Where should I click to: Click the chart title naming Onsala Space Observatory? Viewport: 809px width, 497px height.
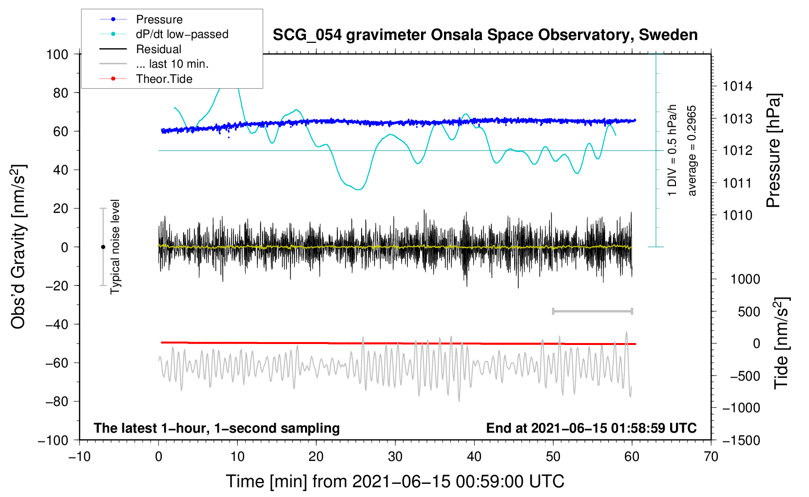[485, 35]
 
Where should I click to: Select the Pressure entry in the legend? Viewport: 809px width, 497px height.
[159, 19]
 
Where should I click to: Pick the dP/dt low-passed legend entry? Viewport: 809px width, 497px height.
[182, 34]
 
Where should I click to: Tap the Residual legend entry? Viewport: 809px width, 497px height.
[158, 49]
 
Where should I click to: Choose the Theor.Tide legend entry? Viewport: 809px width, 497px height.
[164, 79]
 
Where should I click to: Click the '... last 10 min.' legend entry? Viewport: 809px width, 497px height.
[172, 64]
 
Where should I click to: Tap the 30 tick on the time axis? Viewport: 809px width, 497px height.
[395, 457]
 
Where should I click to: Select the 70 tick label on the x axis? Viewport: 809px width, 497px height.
[711, 457]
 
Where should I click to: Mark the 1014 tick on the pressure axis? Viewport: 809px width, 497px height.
[737, 87]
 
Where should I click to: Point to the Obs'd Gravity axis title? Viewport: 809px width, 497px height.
[18, 247]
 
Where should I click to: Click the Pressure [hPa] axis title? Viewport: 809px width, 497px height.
[773, 151]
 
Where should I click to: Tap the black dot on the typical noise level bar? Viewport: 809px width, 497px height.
[103, 247]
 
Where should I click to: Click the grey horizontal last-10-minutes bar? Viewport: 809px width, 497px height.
[592, 311]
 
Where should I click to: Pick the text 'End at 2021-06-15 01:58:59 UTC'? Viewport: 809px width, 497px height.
[591, 428]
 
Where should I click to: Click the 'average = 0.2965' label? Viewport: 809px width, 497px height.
[692, 151]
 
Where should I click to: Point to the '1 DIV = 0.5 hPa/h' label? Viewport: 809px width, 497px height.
[673, 151]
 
